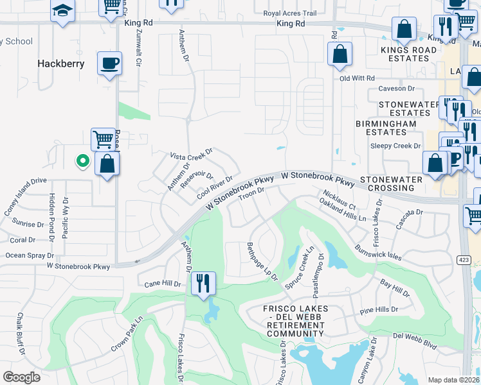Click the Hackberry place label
click(x=61, y=64)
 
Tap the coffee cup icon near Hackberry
click(x=109, y=64)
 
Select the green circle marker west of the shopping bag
click(x=82, y=161)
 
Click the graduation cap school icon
click(x=62, y=12)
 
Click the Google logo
click(x=22, y=377)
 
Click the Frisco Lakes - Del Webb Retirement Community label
click(x=295, y=321)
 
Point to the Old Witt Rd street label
click(x=357, y=78)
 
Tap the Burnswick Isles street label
click(x=377, y=251)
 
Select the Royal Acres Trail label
click(x=290, y=13)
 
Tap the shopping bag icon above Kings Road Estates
click(x=404, y=29)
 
